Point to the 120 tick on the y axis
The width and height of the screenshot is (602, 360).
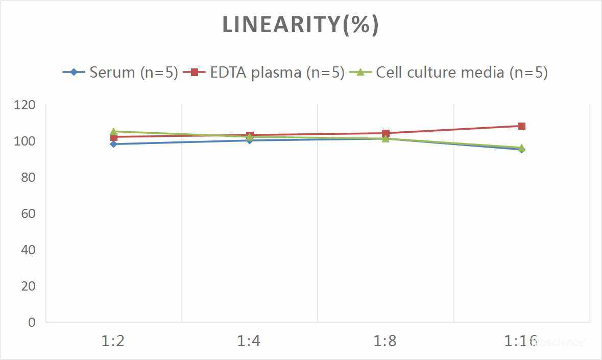pos(26,105)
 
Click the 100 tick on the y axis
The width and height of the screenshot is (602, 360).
pos(26,141)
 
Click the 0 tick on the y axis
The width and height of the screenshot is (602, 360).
pos(32,322)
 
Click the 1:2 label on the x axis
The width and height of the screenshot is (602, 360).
pos(113,341)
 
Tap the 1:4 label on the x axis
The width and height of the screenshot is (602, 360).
pos(249,341)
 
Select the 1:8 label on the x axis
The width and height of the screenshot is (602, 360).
pos(385,341)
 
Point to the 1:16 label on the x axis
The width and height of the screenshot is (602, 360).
pos(521,341)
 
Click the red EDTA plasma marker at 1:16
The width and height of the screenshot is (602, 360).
pos(521,126)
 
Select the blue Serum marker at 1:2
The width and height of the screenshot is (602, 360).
pos(113,144)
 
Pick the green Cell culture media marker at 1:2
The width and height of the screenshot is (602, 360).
pos(113,131)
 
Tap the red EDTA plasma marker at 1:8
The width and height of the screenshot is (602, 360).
pos(386,133)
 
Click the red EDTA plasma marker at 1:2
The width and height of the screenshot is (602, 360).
pos(113,137)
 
